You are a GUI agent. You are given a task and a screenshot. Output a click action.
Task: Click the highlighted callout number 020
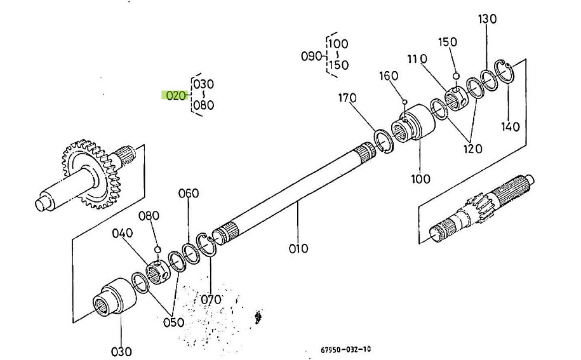click(x=174, y=95)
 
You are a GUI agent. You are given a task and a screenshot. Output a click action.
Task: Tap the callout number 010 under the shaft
click(x=298, y=248)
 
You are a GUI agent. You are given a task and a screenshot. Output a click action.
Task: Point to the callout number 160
click(x=389, y=76)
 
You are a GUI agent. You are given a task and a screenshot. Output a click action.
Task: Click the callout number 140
click(x=510, y=126)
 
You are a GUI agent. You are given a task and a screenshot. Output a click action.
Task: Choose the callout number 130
click(x=487, y=18)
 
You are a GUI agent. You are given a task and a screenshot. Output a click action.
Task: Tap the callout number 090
click(x=312, y=56)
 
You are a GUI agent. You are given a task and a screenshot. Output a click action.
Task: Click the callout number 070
click(x=211, y=299)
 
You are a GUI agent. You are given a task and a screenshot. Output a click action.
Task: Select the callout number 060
click(x=189, y=193)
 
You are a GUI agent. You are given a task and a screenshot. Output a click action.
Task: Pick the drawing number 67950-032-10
click(x=346, y=349)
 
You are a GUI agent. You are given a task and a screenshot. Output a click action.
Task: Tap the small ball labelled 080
click(x=157, y=248)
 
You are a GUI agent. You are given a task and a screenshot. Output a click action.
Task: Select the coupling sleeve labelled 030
click(x=114, y=298)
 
